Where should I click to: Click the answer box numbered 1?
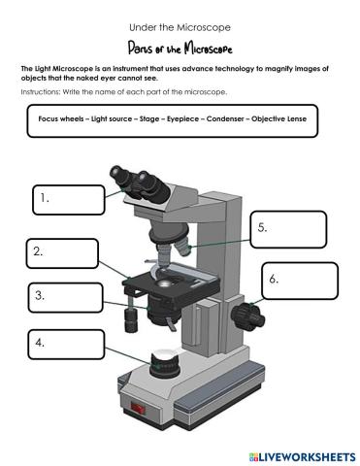67,199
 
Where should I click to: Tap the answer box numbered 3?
63,297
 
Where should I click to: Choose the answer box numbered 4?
63,345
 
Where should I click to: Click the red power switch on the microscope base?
137,410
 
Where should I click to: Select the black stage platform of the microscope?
165,285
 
